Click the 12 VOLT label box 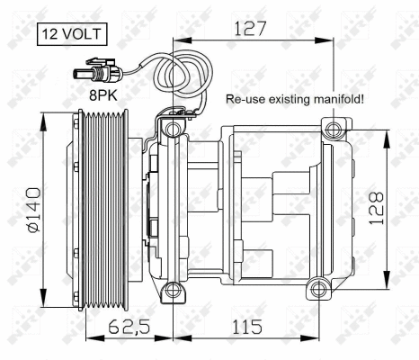click(x=70, y=36)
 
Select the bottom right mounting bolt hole click(x=316, y=290)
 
